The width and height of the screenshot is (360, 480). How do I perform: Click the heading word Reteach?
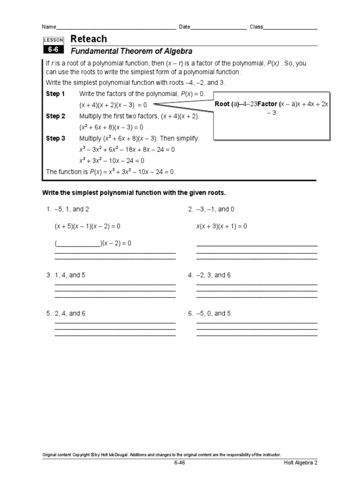coord(88,39)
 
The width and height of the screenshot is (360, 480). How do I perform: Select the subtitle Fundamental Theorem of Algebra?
coord(131,51)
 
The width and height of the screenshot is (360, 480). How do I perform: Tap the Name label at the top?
coord(49,27)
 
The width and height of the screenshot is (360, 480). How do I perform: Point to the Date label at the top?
coord(185,27)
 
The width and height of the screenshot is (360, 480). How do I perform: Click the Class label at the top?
coord(256,27)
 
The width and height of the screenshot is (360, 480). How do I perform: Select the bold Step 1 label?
coord(55,94)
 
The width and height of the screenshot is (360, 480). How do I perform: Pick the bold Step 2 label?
coord(55,116)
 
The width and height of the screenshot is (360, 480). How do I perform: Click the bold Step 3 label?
coord(55,138)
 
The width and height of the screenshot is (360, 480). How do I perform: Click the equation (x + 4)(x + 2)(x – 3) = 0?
coord(113,105)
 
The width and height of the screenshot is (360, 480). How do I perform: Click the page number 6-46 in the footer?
coord(180,463)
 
